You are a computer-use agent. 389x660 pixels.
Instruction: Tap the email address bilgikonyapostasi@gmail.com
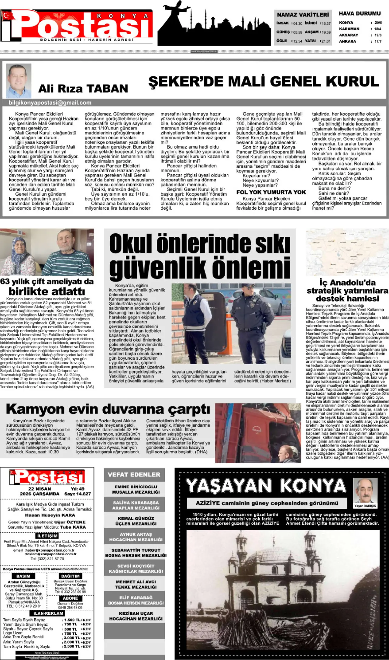pos(50,103)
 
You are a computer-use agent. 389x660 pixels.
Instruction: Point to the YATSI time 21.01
pos(326,41)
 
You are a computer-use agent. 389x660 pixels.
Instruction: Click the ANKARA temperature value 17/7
pos(378,41)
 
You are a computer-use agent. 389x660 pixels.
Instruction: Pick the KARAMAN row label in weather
pos(349,29)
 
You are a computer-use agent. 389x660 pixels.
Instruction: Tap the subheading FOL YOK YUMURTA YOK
pos(271,192)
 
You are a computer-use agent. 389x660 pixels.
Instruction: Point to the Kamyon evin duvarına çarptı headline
pos(108,409)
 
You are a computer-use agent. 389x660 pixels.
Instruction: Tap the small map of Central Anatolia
pos(347,252)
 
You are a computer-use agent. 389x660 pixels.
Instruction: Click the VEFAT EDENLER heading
pos(134,475)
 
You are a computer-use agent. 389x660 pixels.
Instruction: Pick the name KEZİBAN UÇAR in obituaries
pos(136,613)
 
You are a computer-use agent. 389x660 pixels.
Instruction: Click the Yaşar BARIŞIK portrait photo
pos(365,491)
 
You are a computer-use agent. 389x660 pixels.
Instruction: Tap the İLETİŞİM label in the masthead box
pos(47,536)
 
